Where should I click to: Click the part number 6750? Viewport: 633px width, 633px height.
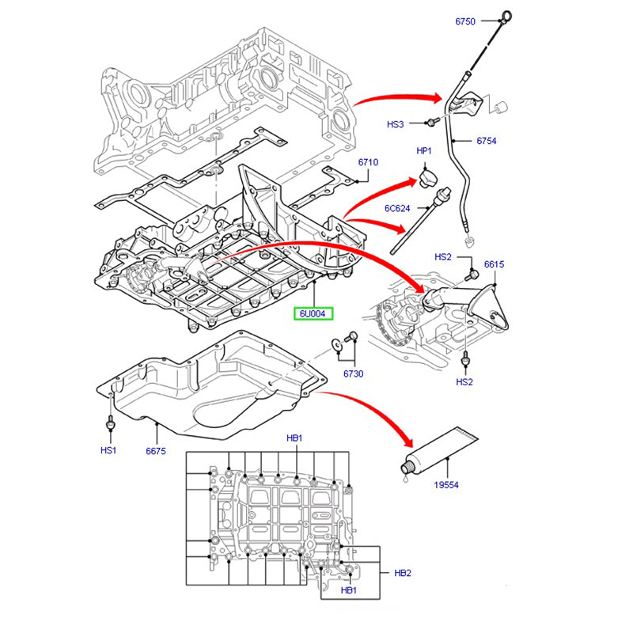464,21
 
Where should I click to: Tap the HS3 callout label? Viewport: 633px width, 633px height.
395,125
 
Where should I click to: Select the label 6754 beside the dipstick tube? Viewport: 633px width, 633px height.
486,141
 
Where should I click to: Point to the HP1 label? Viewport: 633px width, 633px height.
424,150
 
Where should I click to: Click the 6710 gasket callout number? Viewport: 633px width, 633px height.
368,162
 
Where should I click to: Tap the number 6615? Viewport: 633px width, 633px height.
494,264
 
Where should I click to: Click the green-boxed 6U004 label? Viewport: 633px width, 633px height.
316,314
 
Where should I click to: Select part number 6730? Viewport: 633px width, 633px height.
353,373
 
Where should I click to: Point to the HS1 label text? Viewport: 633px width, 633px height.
108,450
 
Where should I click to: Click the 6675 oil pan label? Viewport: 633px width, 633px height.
155,450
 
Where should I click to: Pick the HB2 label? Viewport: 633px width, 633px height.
403,573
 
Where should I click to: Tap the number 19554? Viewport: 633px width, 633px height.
446,485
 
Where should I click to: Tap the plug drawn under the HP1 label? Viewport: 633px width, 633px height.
427,176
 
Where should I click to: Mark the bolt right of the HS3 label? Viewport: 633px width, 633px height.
430,123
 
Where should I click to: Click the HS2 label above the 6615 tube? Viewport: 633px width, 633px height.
443,257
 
